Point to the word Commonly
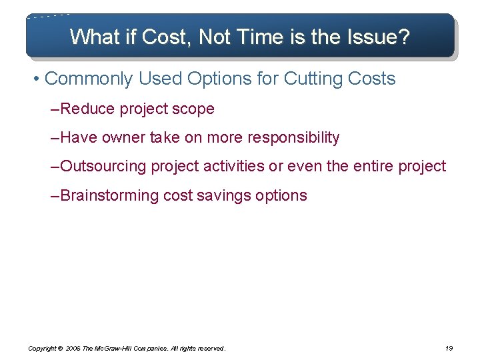[89, 79]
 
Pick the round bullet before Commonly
[36, 79]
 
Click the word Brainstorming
[110, 195]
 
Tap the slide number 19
[448, 348]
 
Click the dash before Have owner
[55, 138]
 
